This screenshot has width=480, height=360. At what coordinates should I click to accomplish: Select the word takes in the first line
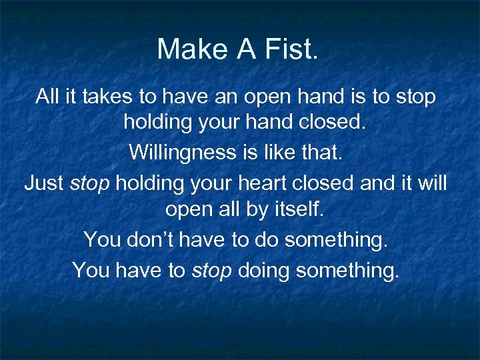[x=109, y=97]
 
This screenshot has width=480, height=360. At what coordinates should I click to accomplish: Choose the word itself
[x=291, y=210]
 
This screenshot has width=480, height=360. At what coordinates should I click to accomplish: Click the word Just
[x=44, y=182]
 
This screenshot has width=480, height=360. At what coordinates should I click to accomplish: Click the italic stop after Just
[x=89, y=182]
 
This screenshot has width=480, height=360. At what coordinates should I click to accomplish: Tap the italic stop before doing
[x=211, y=269]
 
